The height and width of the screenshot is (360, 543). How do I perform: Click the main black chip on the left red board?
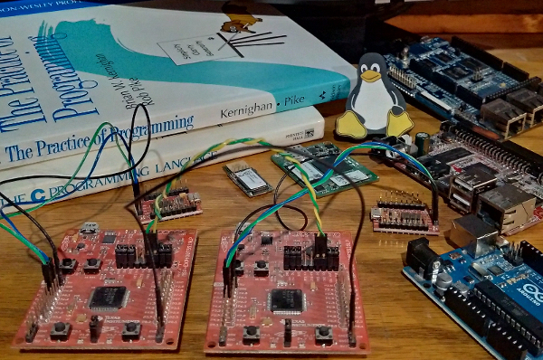tap(108, 297)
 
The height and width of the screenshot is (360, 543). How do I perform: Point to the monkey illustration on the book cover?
tap(240, 23)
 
